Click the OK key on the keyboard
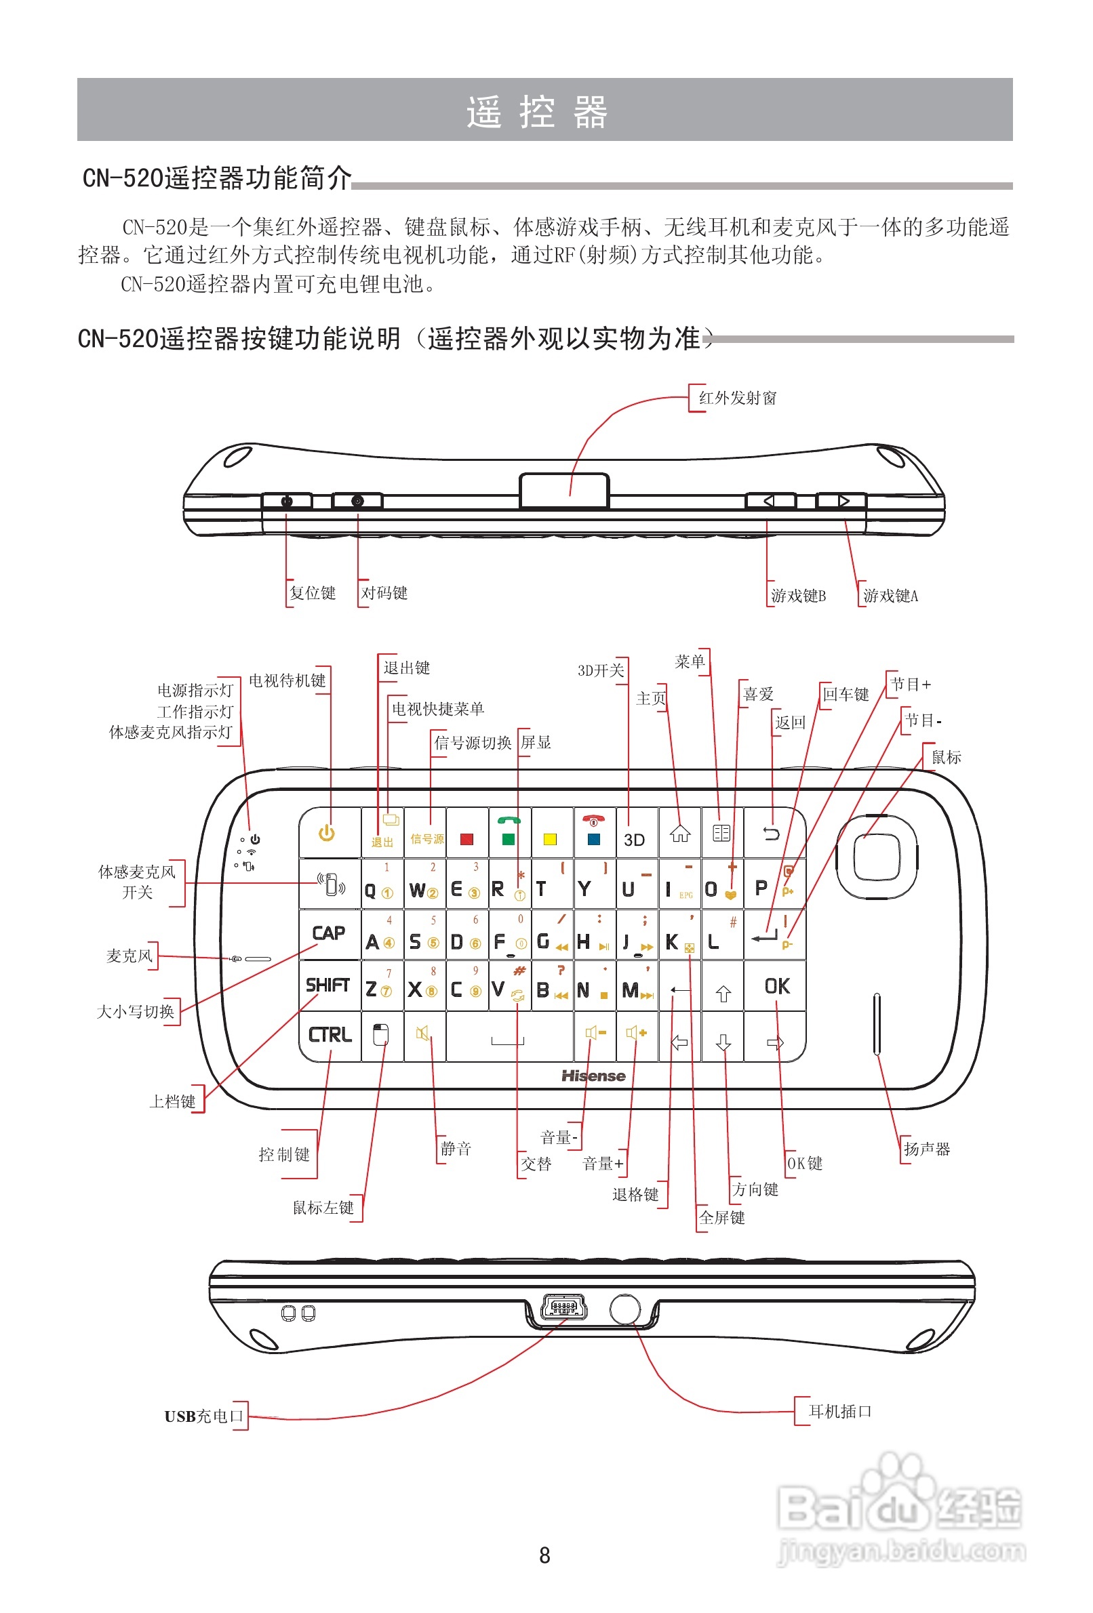(776, 985)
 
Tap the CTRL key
(330, 1035)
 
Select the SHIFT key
(327, 985)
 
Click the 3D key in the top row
(634, 838)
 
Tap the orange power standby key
(326, 833)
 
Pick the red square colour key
(466, 838)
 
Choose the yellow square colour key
(550, 838)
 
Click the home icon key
(680, 833)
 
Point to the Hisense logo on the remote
(593, 1076)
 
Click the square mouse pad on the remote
(876, 857)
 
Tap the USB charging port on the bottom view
(563, 1307)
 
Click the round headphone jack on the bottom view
(624, 1307)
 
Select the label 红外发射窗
(738, 398)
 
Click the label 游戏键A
(890, 596)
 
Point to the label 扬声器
(926, 1149)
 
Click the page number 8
(544, 1555)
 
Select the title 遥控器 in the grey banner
(537, 112)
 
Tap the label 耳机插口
(839, 1411)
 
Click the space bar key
(509, 1036)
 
